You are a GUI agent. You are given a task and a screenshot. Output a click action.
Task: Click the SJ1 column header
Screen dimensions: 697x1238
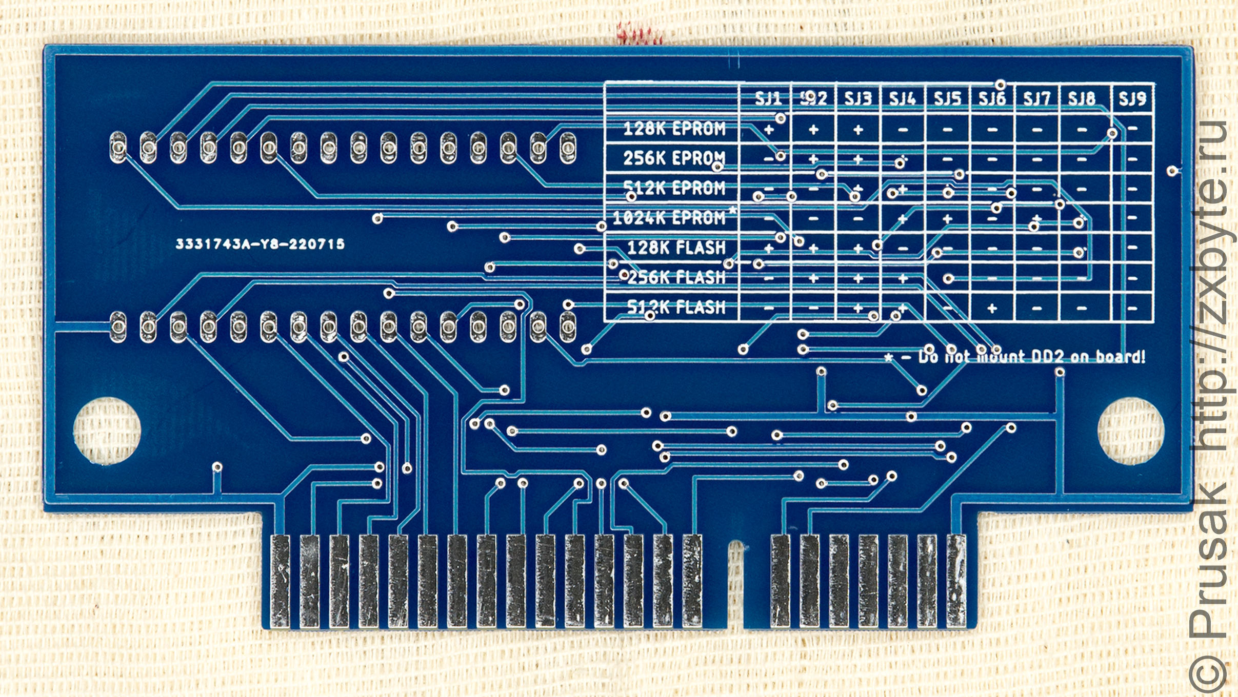(768, 98)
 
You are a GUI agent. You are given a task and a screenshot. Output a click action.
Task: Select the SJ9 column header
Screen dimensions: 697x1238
(1132, 98)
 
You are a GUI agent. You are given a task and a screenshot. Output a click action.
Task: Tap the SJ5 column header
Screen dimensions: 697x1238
(947, 98)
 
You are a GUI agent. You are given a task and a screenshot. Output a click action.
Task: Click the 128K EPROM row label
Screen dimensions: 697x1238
(674, 129)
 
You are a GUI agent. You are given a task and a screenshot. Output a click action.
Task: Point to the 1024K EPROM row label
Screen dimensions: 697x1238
(669, 218)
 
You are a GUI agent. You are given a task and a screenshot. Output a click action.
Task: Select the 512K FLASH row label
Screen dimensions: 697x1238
(676, 307)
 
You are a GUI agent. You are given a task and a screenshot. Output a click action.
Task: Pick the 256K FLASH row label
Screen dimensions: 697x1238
(676, 278)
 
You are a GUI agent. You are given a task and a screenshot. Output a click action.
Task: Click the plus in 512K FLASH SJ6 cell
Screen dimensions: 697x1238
(992, 308)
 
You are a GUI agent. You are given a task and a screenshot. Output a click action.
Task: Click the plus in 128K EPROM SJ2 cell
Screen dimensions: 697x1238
(813, 130)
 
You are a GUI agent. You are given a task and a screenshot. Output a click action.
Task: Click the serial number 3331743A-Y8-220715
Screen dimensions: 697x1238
(260, 244)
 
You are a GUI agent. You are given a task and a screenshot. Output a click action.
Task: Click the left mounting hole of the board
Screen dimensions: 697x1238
(107, 430)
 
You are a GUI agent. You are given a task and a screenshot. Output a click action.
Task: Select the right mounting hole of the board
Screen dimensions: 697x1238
(1130, 430)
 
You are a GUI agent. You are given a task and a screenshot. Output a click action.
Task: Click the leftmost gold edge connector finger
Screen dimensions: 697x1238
(280, 581)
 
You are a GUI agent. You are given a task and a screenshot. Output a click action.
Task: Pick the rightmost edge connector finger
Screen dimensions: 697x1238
(956, 581)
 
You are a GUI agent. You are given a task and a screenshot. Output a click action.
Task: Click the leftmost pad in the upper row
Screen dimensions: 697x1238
(118, 148)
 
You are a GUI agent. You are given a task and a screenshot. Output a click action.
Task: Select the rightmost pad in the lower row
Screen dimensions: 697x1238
(567, 326)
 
